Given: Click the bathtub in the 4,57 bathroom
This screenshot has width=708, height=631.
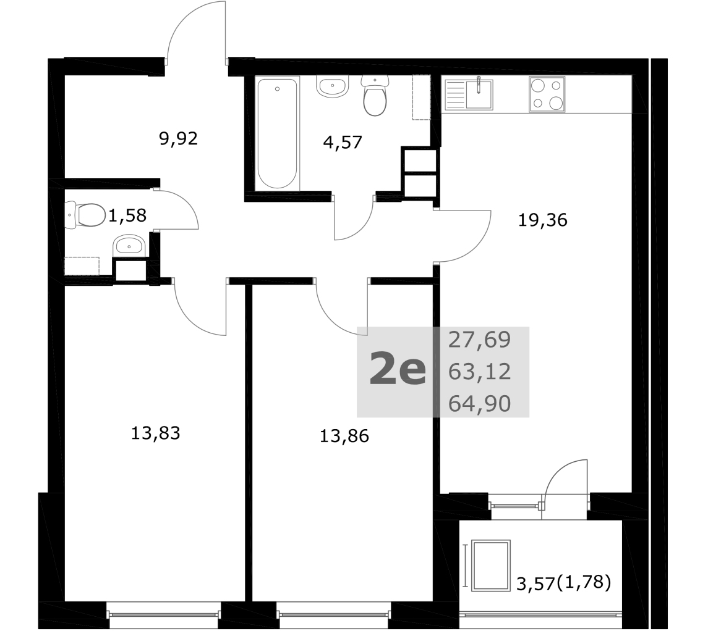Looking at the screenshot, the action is point(277,134).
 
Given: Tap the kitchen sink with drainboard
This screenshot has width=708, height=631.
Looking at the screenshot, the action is point(469,94).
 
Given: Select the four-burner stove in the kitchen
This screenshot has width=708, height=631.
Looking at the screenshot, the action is point(547,94).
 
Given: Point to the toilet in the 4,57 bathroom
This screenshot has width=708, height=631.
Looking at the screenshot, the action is point(375,95).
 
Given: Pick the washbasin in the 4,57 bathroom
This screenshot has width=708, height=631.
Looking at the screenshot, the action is point(333,86).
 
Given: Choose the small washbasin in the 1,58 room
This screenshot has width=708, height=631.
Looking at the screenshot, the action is point(129,246).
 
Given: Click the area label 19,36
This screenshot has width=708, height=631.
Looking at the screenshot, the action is point(542,220).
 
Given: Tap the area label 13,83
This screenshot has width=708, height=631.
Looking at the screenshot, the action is point(155,433).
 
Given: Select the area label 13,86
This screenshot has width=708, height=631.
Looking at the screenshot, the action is point(344,436).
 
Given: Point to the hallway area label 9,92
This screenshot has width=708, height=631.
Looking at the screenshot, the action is point(178,139).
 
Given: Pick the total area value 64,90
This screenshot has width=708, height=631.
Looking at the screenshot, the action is point(480,404).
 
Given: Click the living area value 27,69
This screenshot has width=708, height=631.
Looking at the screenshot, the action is point(480,340).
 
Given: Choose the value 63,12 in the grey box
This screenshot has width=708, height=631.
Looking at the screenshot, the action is point(480,372).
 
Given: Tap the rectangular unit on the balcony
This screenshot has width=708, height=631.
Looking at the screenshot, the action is point(491,565).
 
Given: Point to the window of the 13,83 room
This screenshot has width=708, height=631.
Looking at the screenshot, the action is point(164,614).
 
